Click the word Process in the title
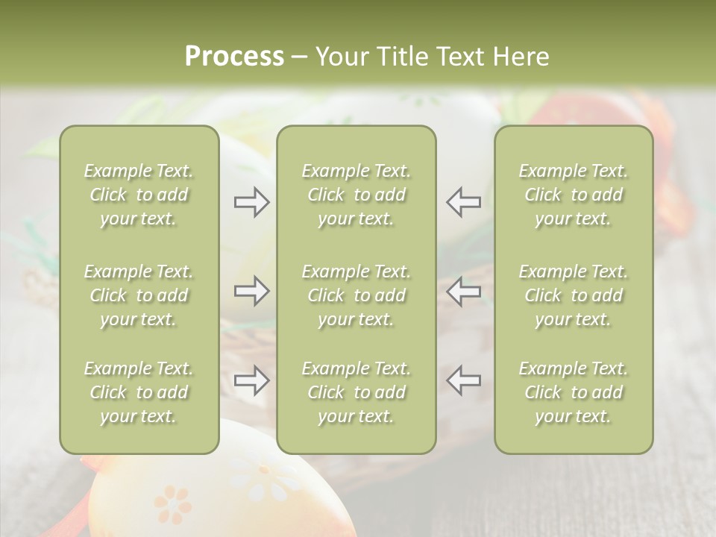pos(234,57)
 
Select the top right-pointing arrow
pos(252,201)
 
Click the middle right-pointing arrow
pos(252,291)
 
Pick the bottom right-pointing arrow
pos(252,380)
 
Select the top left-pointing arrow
pos(463,201)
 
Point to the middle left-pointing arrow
pos(463,291)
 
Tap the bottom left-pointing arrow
pos(463,380)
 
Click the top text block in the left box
pos(139,195)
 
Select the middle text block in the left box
pos(139,295)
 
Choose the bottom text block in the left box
pos(139,392)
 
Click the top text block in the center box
pos(356,195)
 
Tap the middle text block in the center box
pos(356,295)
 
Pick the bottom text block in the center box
pos(356,392)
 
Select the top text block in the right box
pos(574,195)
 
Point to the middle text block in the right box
pos(574,295)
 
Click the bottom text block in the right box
pos(574,392)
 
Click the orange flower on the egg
pos(173,506)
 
